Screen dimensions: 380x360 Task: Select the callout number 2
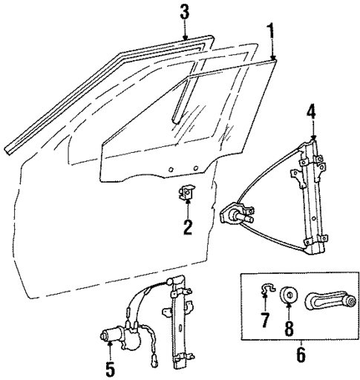[x=189, y=226]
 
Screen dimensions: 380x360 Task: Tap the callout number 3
[x=185, y=10]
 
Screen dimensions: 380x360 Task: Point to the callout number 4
[x=313, y=113]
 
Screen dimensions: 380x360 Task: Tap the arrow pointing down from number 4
[x=313, y=132]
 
